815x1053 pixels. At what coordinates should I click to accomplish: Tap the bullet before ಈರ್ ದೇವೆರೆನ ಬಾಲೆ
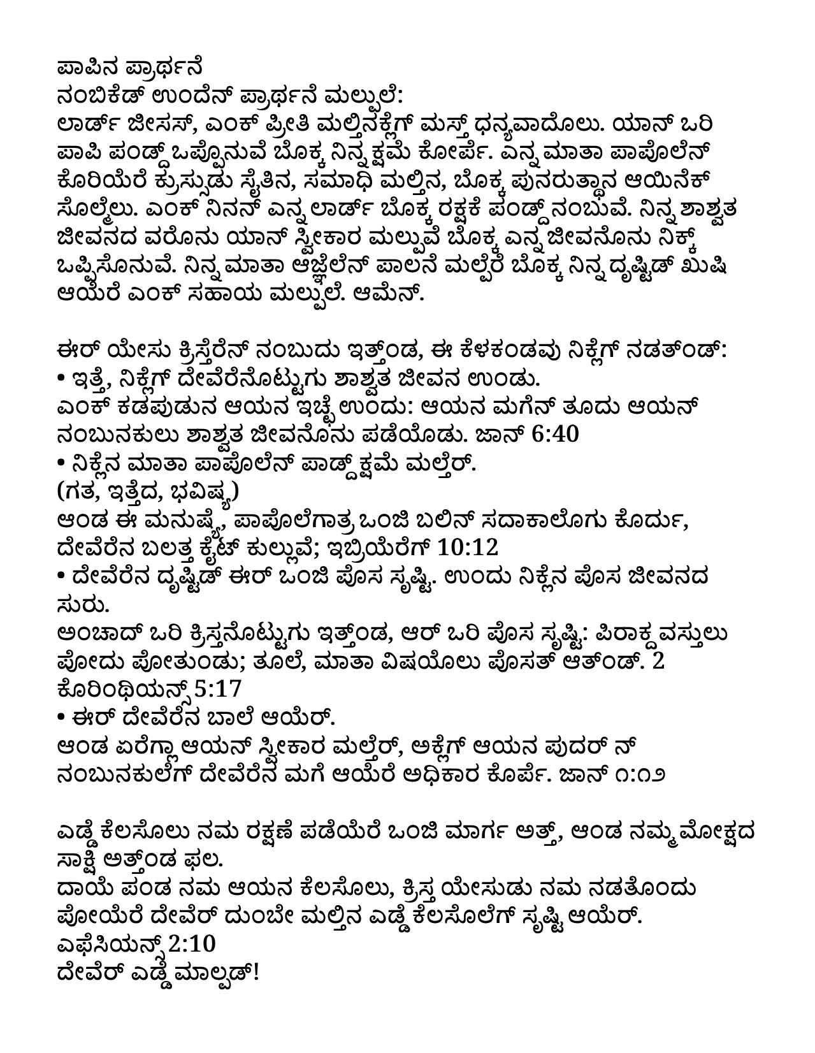click(61, 718)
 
